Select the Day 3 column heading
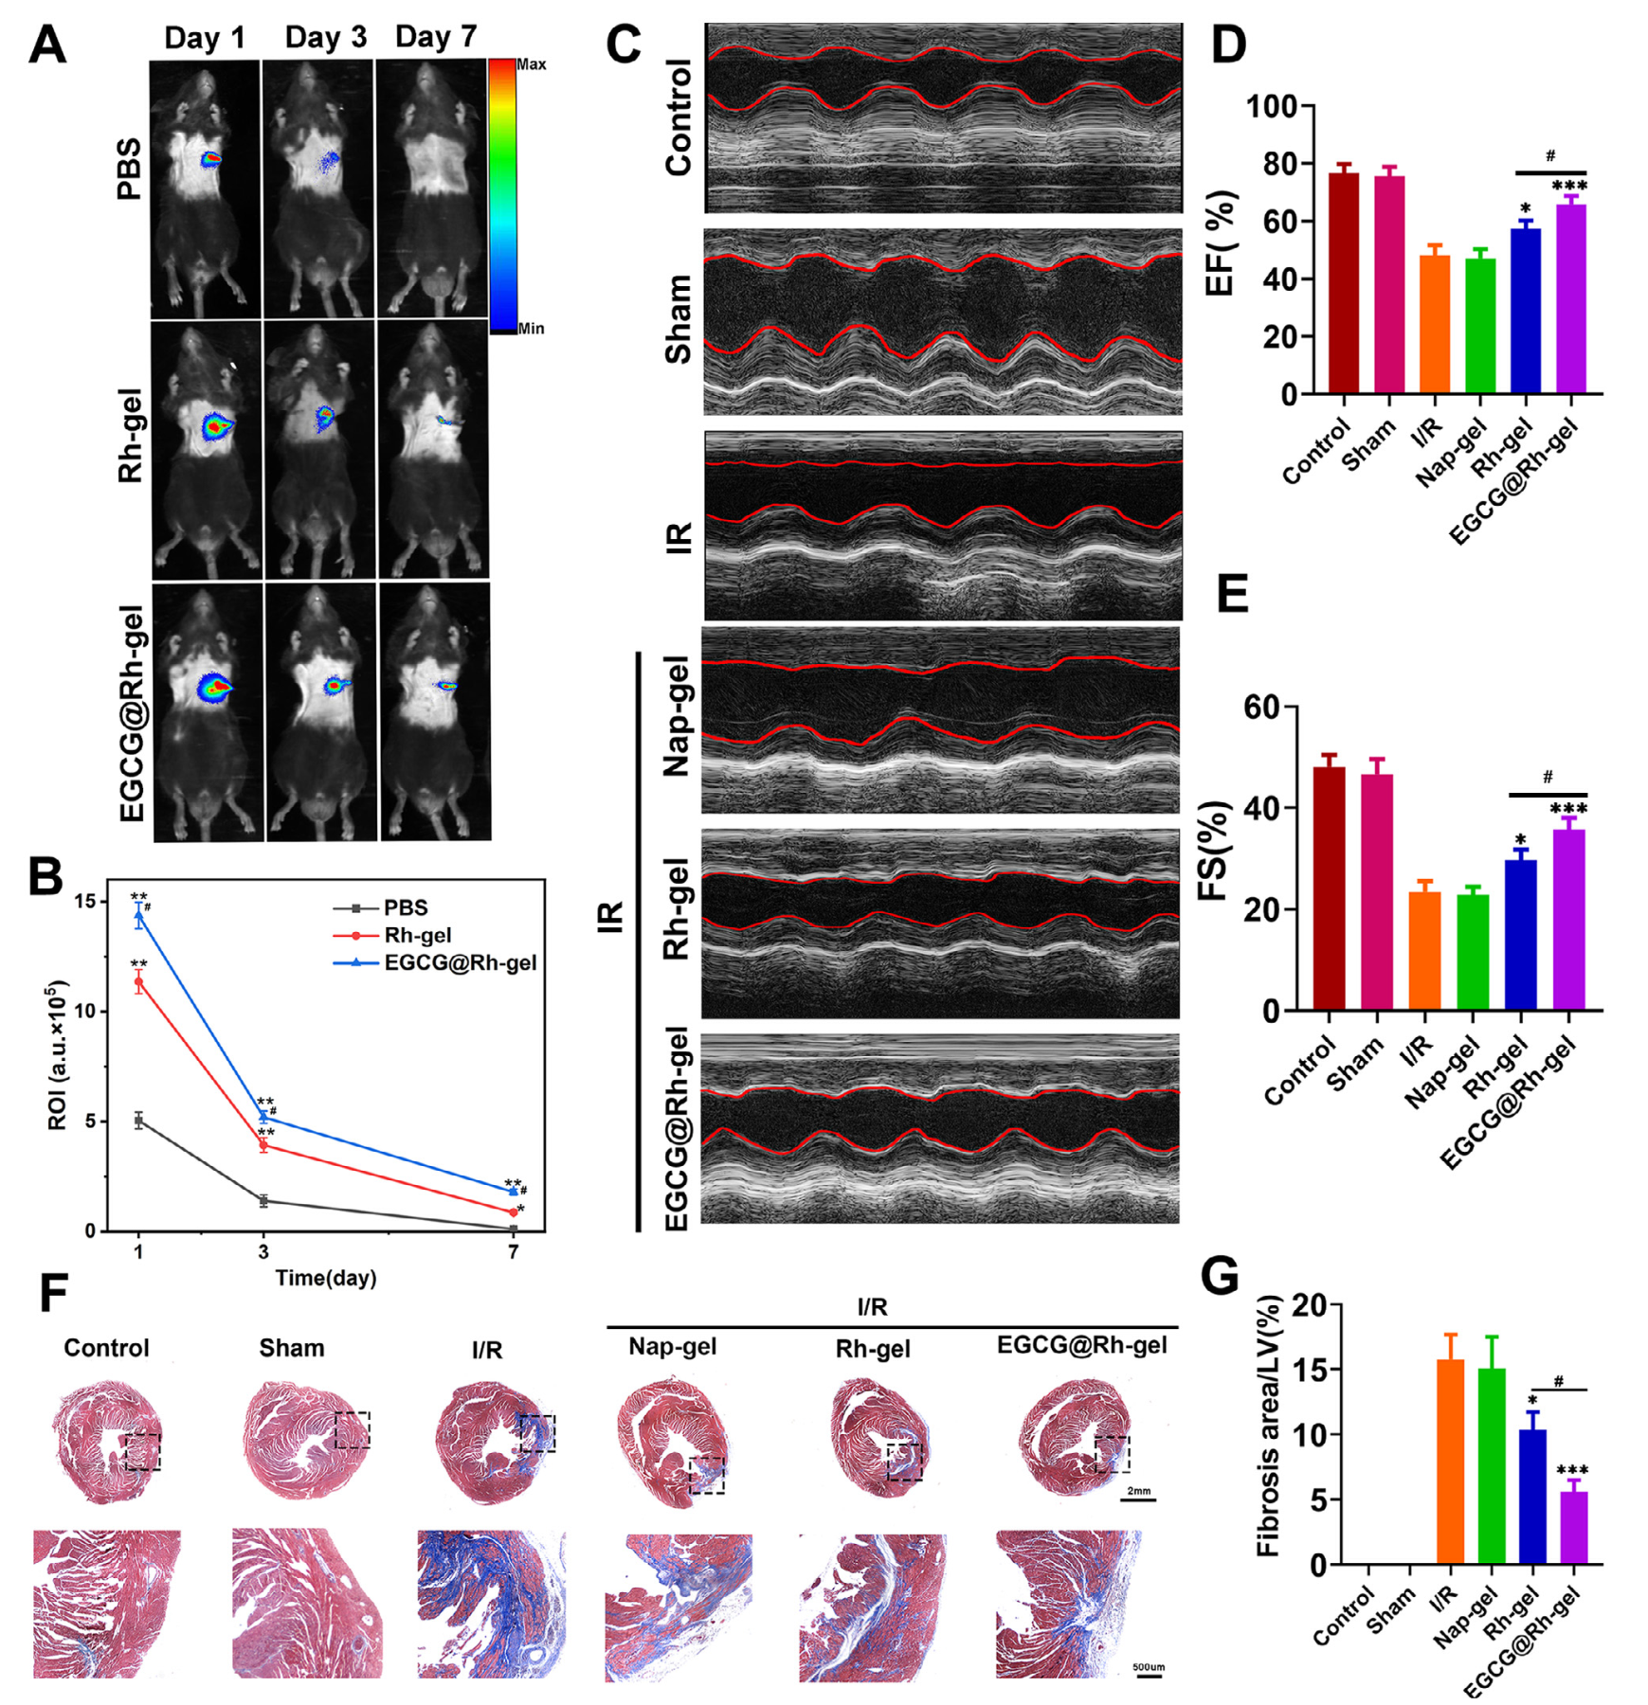click(325, 38)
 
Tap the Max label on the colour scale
click(531, 64)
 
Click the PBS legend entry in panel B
click(405, 907)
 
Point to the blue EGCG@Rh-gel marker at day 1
click(139, 915)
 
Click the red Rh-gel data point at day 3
click(263, 1145)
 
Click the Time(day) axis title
click(325, 1278)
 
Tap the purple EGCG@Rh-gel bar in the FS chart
click(1568, 919)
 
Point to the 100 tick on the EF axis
click(1272, 106)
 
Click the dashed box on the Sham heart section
click(353, 1429)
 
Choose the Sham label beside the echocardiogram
click(678, 319)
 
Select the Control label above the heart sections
click(106, 1348)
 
